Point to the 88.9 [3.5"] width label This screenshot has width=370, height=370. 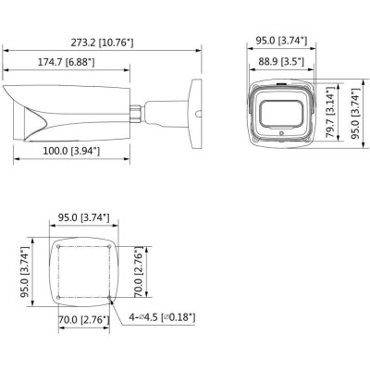[x=284, y=61]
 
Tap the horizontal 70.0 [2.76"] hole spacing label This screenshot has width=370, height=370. [x=84, y=320]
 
